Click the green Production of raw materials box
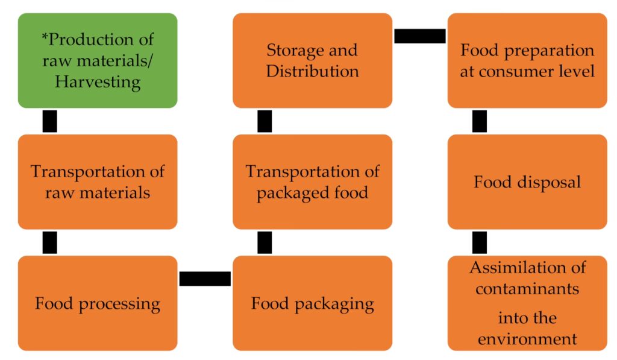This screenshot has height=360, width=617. click(x=98, y=60)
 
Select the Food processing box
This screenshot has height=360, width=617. click(x=98, y=303)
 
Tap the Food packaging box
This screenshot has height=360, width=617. click(x=312, y=303)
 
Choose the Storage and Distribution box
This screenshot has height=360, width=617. click(x=312, y=60)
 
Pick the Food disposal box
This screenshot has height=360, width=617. click(x=527, y=182)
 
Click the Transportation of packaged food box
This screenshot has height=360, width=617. click(x=312, y=182)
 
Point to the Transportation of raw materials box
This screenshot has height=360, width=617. click(x=98, y=182)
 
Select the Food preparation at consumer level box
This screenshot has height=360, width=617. click(x=527, y=60)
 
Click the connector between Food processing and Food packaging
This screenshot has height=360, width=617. click(x=205, y=279)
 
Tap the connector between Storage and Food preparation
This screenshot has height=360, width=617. click(x=420, y=36)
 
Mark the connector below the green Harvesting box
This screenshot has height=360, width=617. click(x=50, y=121)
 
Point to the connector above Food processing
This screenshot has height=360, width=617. click(x=50, y=242)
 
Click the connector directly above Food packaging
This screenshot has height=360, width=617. click(x=265, y=242)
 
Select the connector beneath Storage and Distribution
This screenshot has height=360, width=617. click(x=265, y=121)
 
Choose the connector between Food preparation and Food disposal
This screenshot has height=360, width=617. click(x=480, y=121)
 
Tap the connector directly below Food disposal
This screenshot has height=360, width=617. click(x=480, y=242)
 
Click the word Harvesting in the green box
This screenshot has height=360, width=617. click(x=98, y=81)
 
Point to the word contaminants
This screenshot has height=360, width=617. click(x=527, y=288)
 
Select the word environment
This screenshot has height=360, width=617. click(x=527, y=338)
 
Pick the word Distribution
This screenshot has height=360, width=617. click(x=312, y=71)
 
